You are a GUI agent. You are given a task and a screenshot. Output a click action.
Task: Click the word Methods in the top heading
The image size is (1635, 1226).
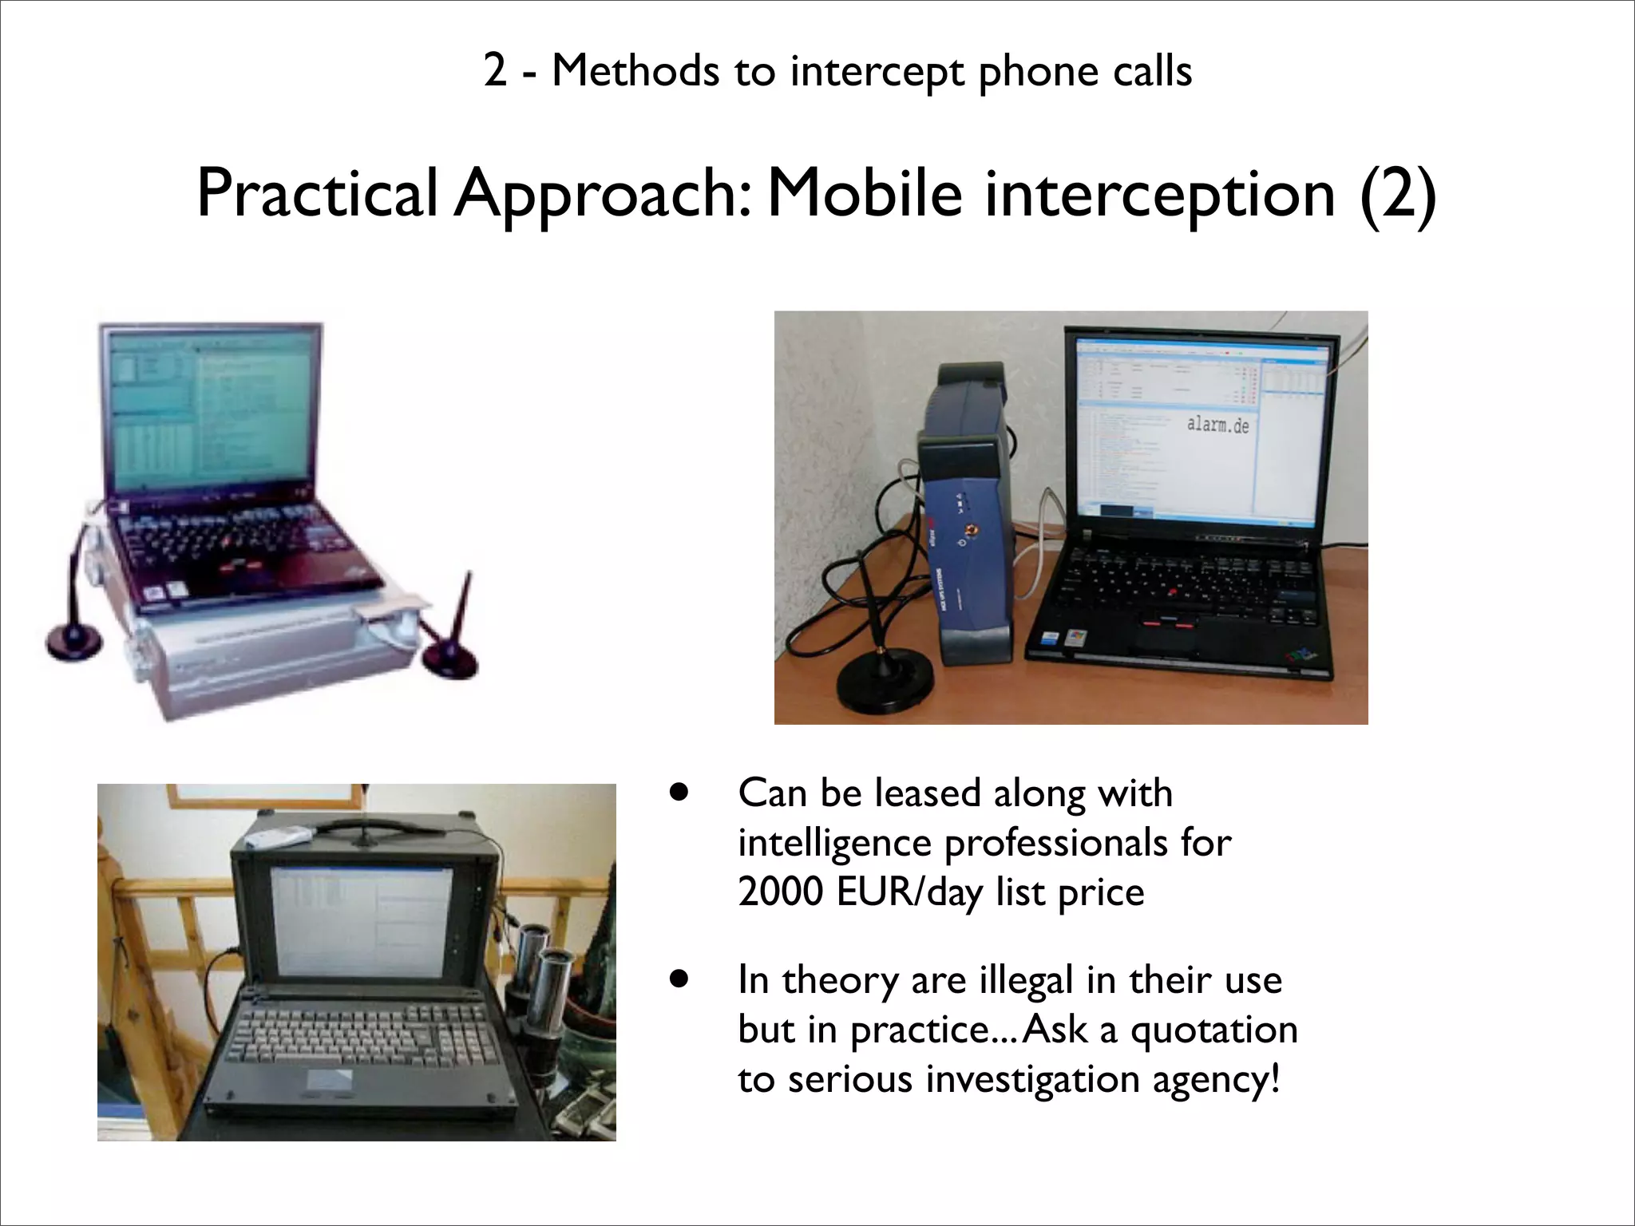(635, 71)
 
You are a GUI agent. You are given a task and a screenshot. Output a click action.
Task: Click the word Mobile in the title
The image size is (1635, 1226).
(864, 194)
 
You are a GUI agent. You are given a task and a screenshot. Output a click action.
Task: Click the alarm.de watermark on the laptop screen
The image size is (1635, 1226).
(1217, 424)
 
